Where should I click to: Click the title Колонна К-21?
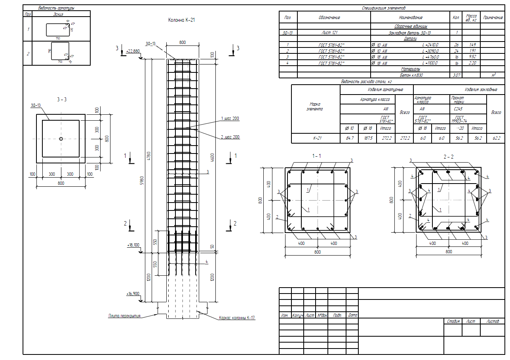(181, 20)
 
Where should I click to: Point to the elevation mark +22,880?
(133, 51)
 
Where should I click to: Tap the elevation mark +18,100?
(133, 245)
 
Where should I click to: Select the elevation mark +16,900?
(133, 294)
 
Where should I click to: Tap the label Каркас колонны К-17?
(237, 318)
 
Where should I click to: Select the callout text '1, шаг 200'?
(230, 118)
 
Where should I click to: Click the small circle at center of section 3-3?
(61, 138)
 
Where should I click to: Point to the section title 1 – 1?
(316, 156)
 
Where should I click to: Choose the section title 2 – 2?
(448, 157)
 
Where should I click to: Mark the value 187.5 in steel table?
(365, 138)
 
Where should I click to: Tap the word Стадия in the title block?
(453, 322)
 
